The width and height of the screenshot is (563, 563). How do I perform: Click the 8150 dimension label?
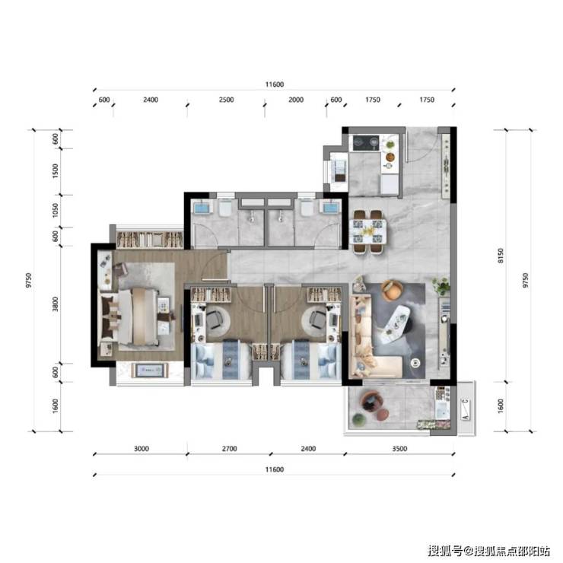click(x=501, y=256)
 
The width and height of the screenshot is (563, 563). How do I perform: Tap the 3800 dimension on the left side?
click(x=55, y=304)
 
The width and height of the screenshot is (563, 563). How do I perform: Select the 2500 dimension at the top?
click(x=226, y=100)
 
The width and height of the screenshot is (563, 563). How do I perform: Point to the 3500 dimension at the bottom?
click(x=399, y=448)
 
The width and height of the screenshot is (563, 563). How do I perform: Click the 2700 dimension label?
click(x=229, y=448)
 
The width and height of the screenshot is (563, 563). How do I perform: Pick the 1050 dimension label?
click(x=55, y=211)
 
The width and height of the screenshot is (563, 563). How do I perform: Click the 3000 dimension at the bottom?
click(x=141, y=448)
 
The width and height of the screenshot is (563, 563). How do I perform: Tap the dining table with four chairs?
click(x=367, y=231)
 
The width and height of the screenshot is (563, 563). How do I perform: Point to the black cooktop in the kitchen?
click(x=366, y=143)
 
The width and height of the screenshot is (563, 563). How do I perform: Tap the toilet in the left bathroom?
click(x=225, y=208)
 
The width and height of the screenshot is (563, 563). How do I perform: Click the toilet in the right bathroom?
click(x=307, y=208)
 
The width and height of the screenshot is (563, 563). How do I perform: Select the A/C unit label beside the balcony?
click(x=466, y=409)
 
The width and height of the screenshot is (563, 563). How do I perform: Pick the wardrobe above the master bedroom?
click(x=150, y=239)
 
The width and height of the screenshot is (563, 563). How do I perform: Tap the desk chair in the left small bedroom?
click(x=215, y=320)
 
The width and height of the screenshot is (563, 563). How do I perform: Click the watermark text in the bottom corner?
click(x=488, y=551)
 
